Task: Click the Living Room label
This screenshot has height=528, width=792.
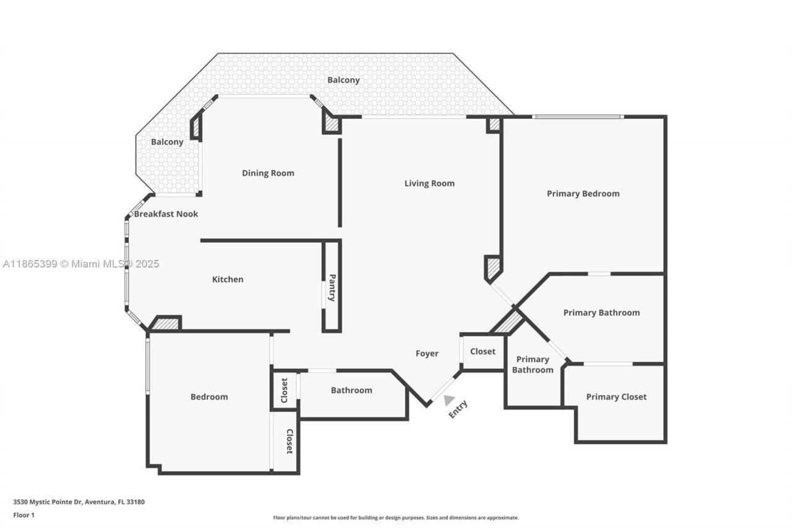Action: (x=429, y=183)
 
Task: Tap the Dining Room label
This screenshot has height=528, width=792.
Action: (x=268, y=173)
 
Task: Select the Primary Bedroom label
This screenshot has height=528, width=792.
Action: (x=583, y=194)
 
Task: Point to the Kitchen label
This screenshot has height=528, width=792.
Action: (x=228, y=279)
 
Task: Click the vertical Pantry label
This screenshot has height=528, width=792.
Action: (x=332, y=287)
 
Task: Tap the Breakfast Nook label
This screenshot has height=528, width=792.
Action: (x=166, y=214)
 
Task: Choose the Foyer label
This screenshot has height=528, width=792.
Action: (x=427, y=353)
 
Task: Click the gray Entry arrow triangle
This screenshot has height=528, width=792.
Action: (x=449, y=400)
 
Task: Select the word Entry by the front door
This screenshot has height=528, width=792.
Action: (x=458, y=409)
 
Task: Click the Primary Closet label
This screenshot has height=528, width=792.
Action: (x=616, y=397)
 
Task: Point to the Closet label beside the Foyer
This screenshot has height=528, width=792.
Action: (x=483, y=352)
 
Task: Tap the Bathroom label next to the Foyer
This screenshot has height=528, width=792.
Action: (x=351, y=390)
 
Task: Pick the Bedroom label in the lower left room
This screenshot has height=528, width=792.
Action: (x=209, y=397)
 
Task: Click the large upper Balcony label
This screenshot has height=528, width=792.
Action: (x=343, y=80)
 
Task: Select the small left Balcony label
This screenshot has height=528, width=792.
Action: (x=167, y=142)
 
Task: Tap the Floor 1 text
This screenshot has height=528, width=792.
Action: (x=24, y=515)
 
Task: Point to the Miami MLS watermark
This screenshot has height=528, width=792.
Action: (x=81, y=264)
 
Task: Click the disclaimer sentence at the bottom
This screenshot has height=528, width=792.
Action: (x=395, y=517)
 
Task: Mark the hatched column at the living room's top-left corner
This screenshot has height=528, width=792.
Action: (x=332, y=124)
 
